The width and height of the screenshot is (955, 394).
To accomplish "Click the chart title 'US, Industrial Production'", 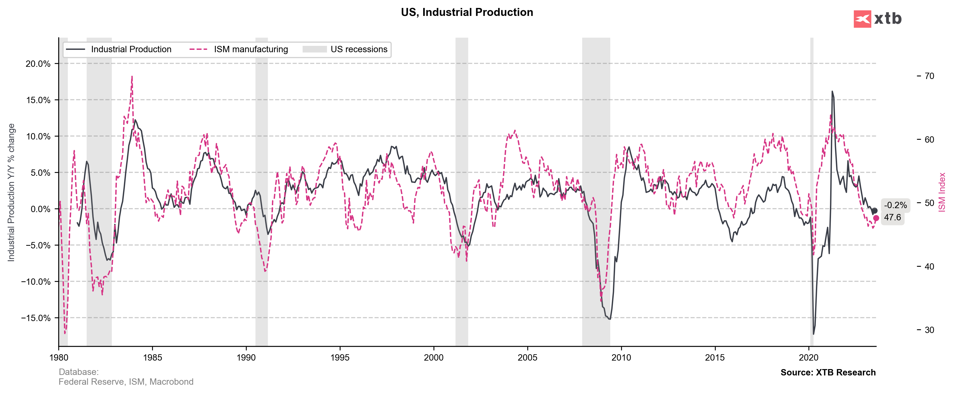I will (x=467, y=12).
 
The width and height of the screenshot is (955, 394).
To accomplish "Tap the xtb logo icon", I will (x=862, y=19).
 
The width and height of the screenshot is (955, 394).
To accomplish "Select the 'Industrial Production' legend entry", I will (x=131, y=49).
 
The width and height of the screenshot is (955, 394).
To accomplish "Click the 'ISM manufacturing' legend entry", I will (x=251, y=49).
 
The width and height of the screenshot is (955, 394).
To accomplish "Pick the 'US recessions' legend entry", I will (x=359, y=49).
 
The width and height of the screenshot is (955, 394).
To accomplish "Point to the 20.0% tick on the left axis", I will (x=38, y=64).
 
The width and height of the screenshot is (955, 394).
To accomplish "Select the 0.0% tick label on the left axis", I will (x=38, y=209).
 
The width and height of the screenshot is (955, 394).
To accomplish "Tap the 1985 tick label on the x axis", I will (x=152, y=358).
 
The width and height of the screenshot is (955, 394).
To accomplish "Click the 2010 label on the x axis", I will (x=621, y=358).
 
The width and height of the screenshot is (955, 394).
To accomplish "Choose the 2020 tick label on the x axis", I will (x=808, y=358).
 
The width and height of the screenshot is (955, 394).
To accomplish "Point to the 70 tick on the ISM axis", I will (x=929, y=76).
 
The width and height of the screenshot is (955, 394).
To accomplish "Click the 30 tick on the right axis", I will (x=929, y=330).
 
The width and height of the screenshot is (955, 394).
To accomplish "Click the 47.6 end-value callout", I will (x=892, y=217).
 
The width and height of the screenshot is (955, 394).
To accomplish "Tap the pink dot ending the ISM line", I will (x=876, y=218).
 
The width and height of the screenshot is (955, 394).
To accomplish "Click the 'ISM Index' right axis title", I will (x=942, y=192).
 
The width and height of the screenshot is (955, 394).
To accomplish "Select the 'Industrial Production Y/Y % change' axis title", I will (x=11, y=192).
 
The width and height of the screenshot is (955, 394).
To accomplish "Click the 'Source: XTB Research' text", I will (x=828, y=373).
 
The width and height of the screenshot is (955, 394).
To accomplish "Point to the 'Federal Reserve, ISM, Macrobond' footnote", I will (x=126, y=382).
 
